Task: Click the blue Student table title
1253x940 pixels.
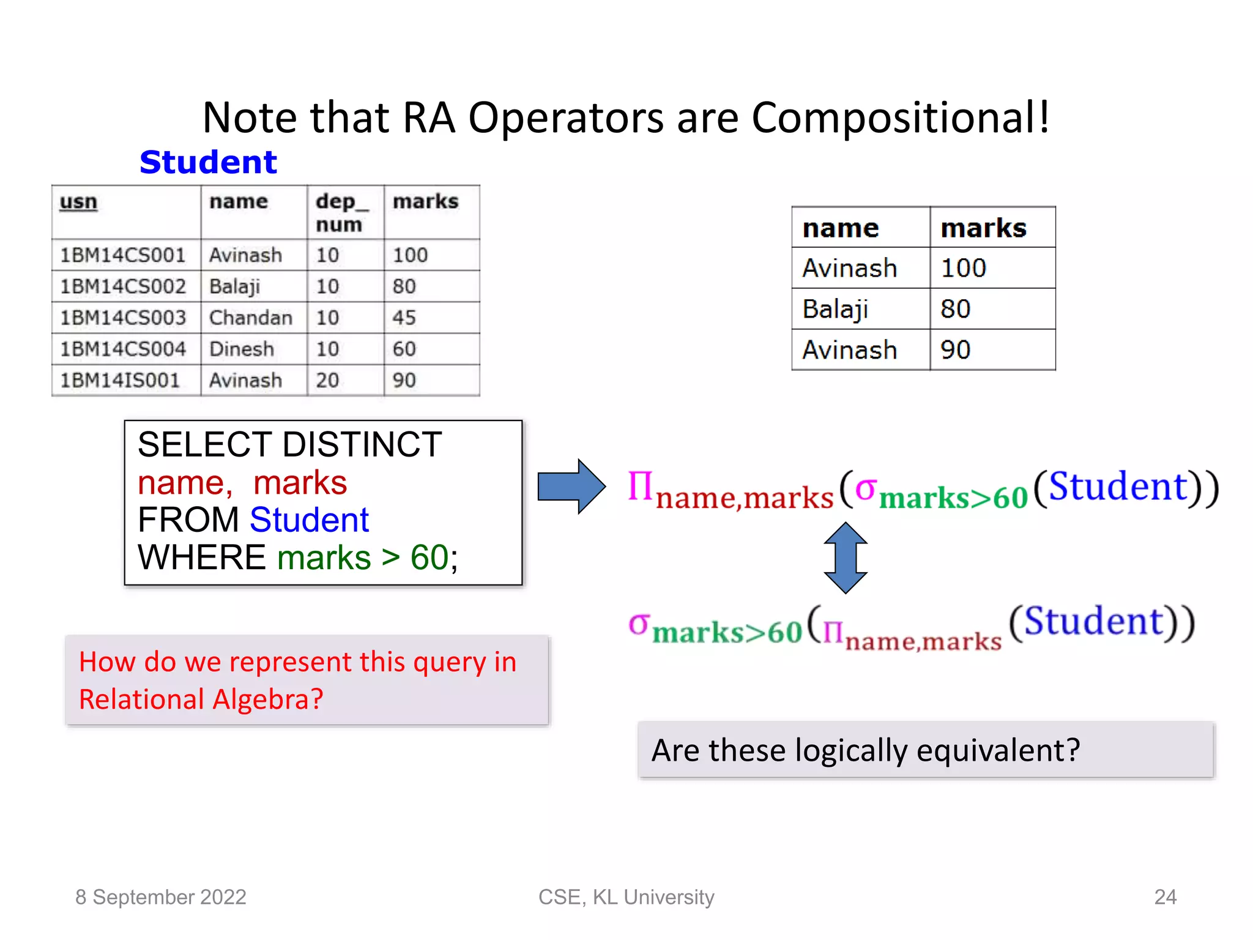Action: coord(208,162)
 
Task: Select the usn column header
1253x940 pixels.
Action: coord(78,202)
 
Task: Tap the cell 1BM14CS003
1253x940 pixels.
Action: coord(122,318)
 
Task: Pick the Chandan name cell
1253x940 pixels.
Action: coord(251,318)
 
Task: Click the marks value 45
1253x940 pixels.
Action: coord(404,318)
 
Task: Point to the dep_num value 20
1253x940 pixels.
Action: coord(327,381)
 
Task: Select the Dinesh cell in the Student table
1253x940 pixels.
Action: coord(242,349)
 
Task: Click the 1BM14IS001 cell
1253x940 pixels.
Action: coord(120,381)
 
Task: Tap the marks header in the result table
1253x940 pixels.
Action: coord(983,228)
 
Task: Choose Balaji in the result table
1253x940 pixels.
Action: coord(835,309)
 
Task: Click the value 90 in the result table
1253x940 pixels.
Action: coord(955,350)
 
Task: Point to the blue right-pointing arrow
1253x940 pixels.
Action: coord(571,487)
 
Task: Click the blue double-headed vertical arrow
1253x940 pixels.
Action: coord(845,558)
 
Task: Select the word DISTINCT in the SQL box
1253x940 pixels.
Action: coord(362,444)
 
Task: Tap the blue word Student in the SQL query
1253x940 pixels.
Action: coord(309,520)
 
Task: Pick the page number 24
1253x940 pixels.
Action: coord(1165,897)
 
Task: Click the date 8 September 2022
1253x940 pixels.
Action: coord(160,897)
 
